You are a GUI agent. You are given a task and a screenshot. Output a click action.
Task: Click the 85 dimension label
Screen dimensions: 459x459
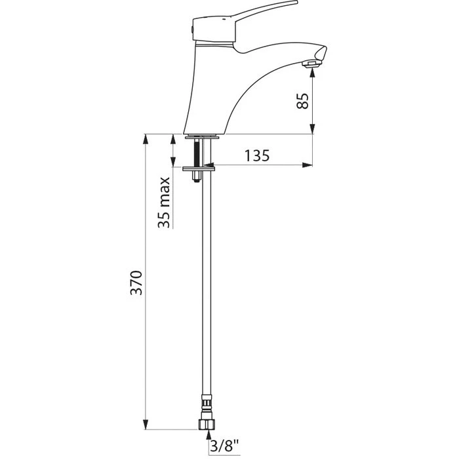(302, 101)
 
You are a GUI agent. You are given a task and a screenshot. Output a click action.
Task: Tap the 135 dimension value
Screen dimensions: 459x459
(257, 156)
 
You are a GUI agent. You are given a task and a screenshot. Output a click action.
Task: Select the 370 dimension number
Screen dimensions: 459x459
(136, 283)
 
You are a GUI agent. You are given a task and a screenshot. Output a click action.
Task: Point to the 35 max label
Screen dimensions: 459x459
(164, 202)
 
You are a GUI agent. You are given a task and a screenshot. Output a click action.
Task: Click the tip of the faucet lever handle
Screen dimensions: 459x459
(296, 3)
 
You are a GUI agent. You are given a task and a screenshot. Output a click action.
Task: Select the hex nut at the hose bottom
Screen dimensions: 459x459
(207, 424)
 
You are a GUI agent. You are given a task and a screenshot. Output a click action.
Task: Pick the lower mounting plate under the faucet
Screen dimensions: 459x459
(199, 169)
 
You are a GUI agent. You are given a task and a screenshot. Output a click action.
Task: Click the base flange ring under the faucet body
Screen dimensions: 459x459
(202, 136)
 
